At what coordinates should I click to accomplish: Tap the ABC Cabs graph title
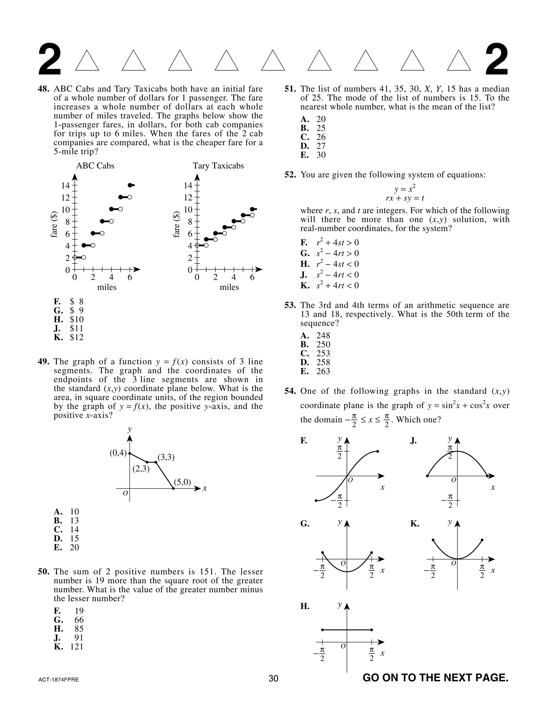click(x=95, y=166)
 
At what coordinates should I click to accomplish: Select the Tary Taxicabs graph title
click(x=218, y=166)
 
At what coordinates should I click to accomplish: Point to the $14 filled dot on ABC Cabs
click(x=130, y=185)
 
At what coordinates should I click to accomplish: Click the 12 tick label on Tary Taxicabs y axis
click(x=188, y=197)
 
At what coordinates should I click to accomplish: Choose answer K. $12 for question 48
click(x=69, y=337)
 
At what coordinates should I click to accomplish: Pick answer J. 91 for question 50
click(x=69, y=638)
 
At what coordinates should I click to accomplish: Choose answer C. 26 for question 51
click(x=313, y=137)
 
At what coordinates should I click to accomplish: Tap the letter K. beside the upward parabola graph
click(x=415, y=524)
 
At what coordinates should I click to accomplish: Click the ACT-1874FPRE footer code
click(x=59, y=680)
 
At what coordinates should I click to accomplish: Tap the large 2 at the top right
click(x=497, y=61)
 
